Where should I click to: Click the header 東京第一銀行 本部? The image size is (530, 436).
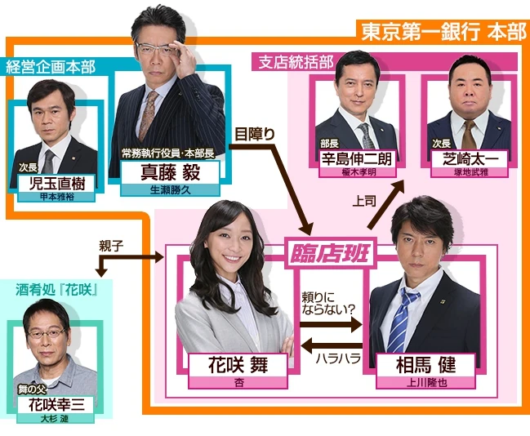point(443,32)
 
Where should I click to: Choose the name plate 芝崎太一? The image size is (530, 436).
point(469,158)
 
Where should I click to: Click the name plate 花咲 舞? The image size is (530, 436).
point(238,365)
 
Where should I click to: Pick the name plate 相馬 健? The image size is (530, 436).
point(421,364)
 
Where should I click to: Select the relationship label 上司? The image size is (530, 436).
point(364,199)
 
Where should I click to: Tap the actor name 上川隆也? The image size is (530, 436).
point(421,381)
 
